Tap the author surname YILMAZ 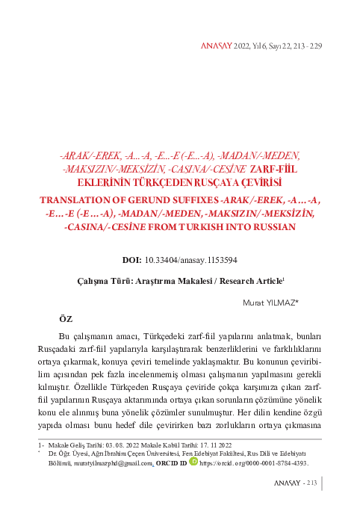280,303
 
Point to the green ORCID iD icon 193,462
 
